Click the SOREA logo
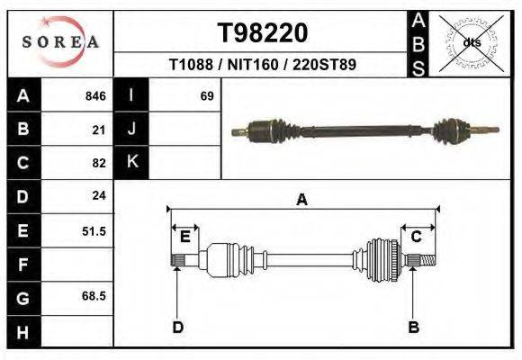click(x=60, y=42)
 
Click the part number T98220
click(x=262, y=33)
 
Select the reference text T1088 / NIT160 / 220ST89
click(x=262, y=65)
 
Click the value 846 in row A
click(x=95, y=95)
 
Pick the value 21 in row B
click(x=99, y=130)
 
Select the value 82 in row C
click(x=99, y=163)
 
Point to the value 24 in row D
click(x=99, y=195)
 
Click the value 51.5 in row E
click(x=94, y=231)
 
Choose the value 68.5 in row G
click(x=94, y=296)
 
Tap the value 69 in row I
click(x=207, y=95)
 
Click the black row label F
click(x=22, y=265)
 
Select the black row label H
click(x=22, y=332)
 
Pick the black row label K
click(x=132, y=162)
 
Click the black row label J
click(x=132, y=129)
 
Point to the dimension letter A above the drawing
click(x=301, y=200)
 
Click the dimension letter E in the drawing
click(x=184, y=237)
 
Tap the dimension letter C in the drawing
click(x=417, y=237)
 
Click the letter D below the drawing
click(x=177, y=327)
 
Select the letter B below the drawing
click(x=414, y=327)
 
